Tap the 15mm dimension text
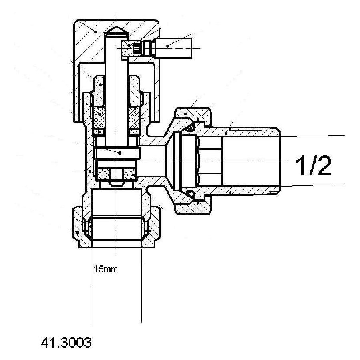click(106, 269)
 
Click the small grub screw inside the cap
click(136, 48)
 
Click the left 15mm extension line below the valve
click(91, 288)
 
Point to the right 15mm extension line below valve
click(142, 288)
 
